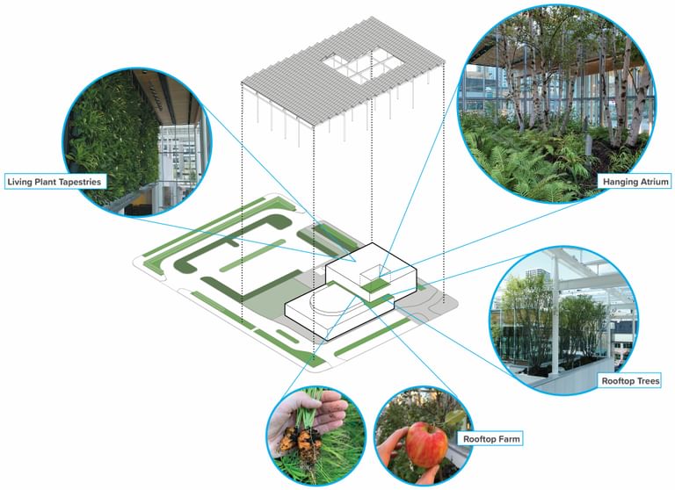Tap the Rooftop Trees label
point(629,381)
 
